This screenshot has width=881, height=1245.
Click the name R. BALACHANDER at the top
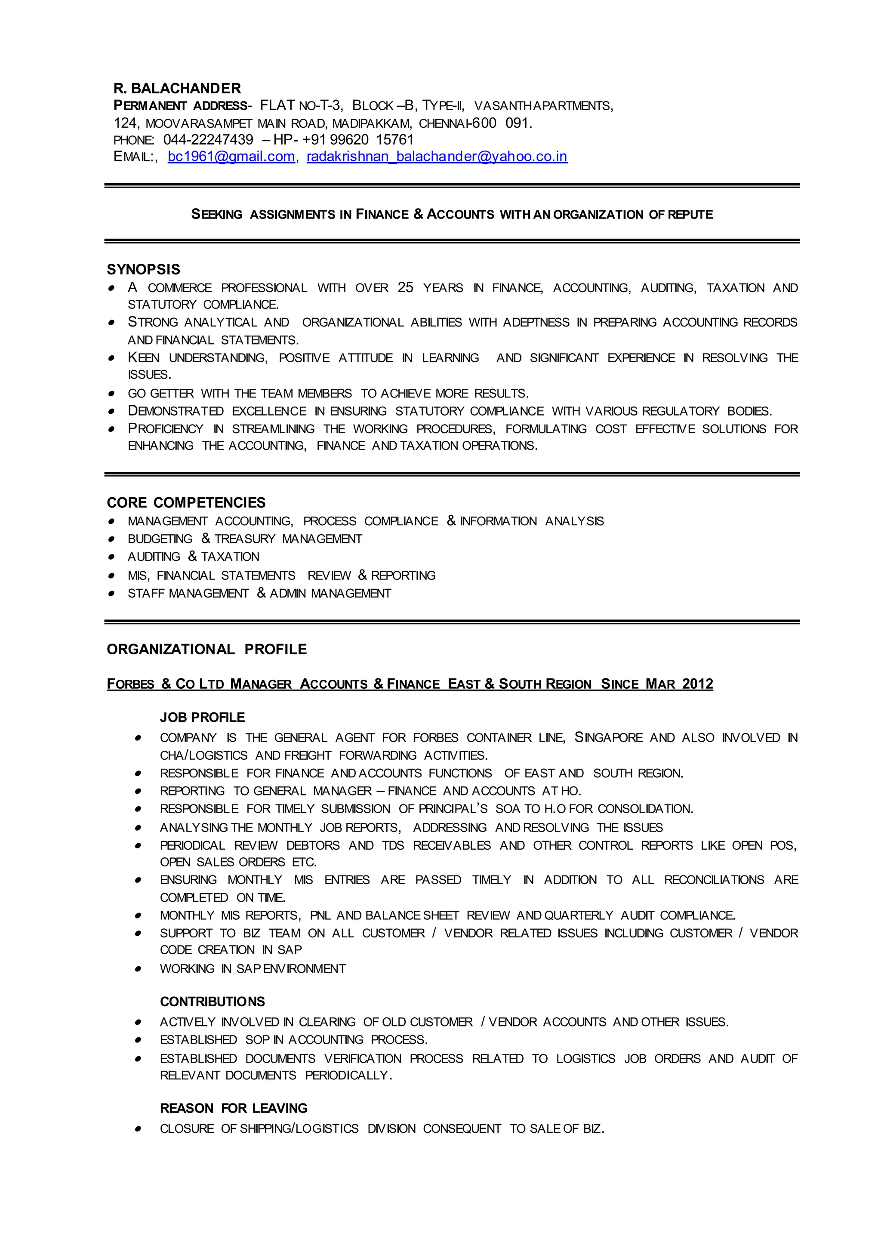(177, 89)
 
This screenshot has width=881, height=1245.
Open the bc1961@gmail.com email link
(231, 157)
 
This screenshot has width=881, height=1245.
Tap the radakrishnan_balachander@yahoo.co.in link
(437, 157)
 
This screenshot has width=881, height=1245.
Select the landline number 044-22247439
(208, 140)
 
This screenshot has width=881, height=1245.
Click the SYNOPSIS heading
(143, 270)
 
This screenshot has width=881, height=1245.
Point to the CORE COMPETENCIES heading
(186, 502)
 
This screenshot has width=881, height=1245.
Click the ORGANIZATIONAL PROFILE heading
(206, 649)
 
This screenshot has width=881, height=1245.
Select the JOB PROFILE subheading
(202, 717)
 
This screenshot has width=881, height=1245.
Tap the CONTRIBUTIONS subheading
(212, 1002)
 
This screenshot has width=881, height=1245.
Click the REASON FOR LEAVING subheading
(234, 1108)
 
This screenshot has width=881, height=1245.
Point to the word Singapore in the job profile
(608, 737)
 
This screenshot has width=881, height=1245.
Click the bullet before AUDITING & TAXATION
(111, 557)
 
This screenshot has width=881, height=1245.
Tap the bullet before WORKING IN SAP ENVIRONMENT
(139, 969)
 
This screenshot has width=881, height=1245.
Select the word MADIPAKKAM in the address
(372, 124)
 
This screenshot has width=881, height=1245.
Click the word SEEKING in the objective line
(216, 215)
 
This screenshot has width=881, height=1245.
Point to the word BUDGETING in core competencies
(160, 539)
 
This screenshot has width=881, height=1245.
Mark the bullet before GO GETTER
(111, 394)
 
